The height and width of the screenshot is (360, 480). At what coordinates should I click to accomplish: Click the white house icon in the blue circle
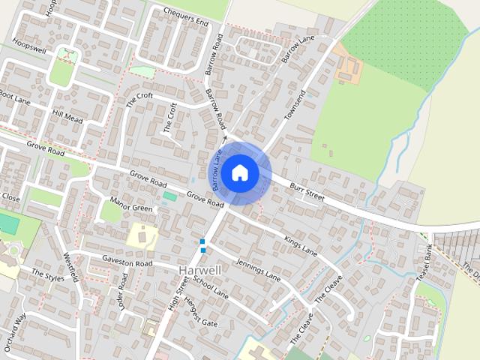240,173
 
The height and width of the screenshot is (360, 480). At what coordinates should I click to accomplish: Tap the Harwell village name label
200,269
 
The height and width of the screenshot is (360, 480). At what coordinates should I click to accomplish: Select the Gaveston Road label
127,263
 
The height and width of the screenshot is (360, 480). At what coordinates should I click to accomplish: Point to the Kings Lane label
301,246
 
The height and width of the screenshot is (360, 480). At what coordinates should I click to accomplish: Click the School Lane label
210,288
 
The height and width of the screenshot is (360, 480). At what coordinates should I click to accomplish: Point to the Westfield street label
71,266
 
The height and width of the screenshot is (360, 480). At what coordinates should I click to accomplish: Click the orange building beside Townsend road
348,67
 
